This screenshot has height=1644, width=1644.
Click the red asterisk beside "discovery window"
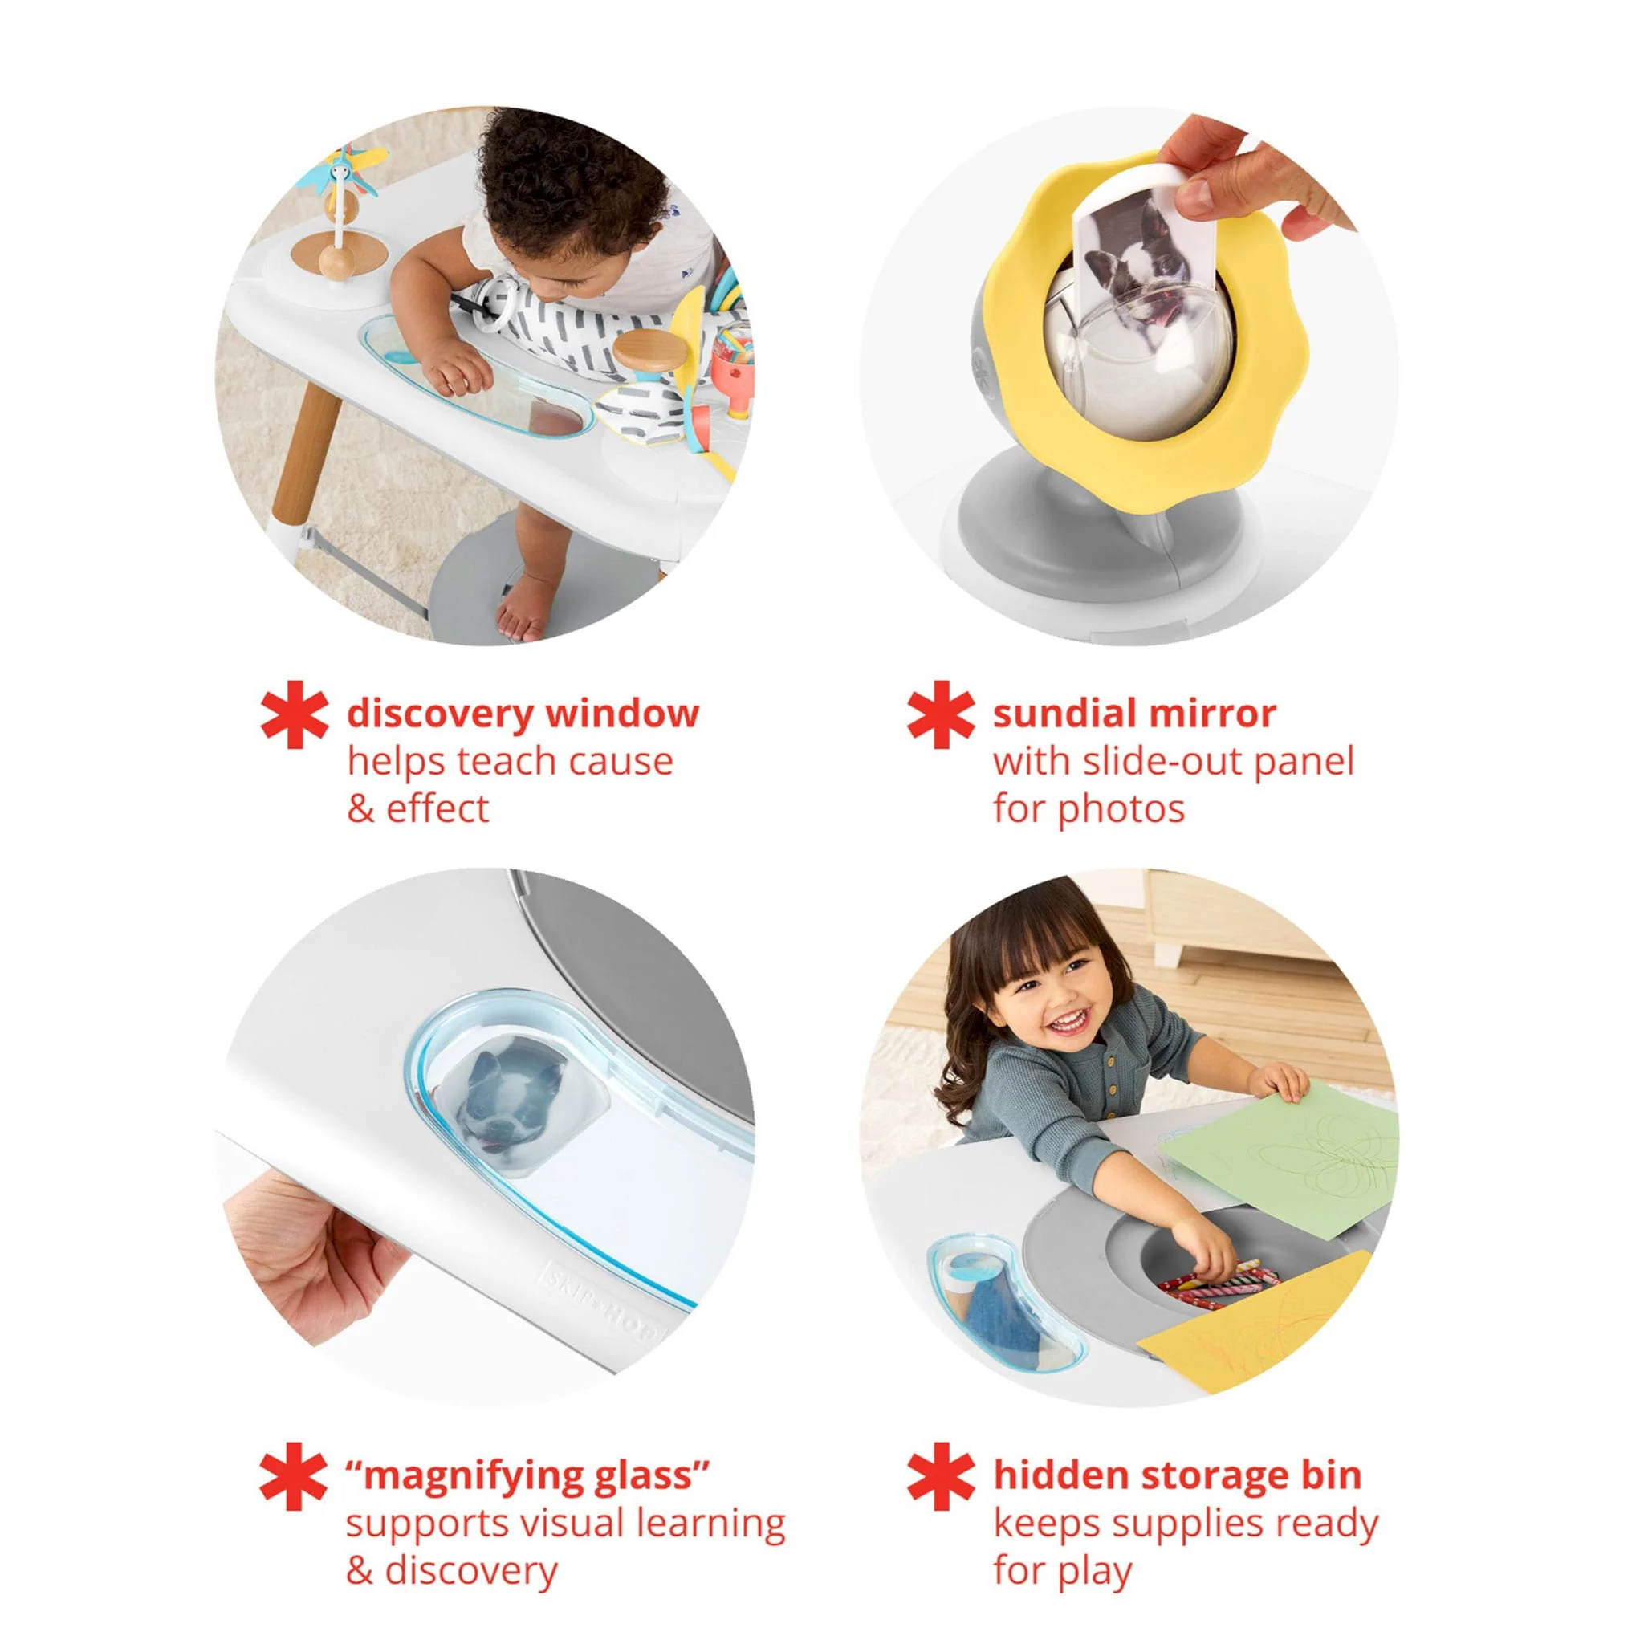[295, 714]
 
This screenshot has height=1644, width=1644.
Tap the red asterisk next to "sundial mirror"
[940, 714]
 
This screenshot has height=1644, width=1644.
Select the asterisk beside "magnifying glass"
[295, 1476]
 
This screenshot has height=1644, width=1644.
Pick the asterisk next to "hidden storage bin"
[940, 1476]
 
